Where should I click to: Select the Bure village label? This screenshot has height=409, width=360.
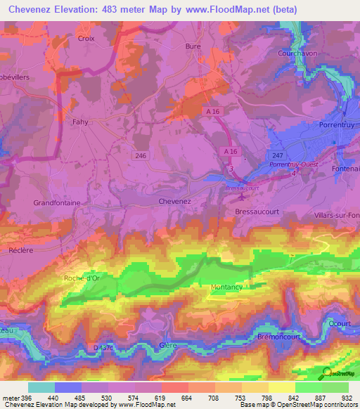tap(193, 46)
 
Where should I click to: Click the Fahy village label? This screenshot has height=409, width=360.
tap(80, 122)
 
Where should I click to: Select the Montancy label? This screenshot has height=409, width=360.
tap(226, 287)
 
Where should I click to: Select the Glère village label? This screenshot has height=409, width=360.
tap(168, 345)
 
